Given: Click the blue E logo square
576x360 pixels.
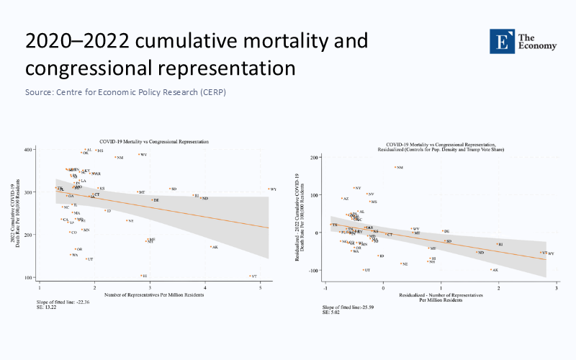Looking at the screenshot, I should click(501, 41).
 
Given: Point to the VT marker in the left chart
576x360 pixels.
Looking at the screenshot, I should click(249, 276).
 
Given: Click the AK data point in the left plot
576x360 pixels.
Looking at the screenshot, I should click(210, 247).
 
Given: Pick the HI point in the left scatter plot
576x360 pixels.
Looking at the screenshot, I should click(141, 275).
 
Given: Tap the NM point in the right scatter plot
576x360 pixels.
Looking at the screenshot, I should click(395, 168).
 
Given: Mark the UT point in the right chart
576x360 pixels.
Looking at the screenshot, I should click(364, 270).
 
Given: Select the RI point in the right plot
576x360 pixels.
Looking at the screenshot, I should click(496, 245).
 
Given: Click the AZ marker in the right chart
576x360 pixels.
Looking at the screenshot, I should click(343, 199).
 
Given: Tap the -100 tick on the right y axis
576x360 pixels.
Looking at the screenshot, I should click(316, 270).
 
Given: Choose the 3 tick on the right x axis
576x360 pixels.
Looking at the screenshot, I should click(556, 288).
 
